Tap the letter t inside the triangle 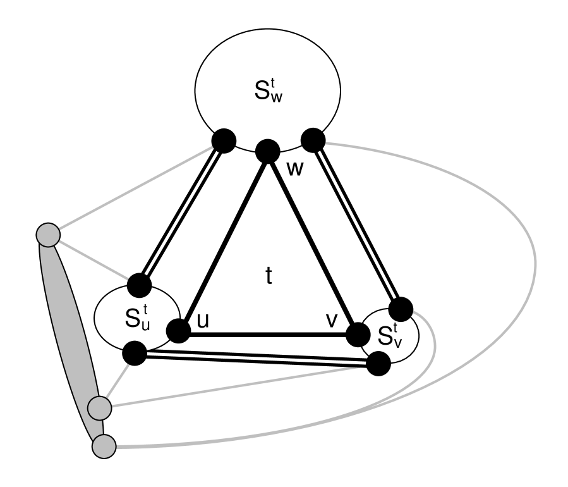(x=269, y=276)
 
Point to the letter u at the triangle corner (x=203, y=321)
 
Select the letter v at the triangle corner (x=331, y=321)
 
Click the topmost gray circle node (x=48, y=235)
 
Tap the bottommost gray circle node (x=104, y=447)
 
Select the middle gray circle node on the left (x=99, y=408)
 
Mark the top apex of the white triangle (x=269, y=166)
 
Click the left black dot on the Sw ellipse (x=224, y=140)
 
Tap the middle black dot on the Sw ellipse (x=267, y=149)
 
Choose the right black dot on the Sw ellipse (x=312, y=139)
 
